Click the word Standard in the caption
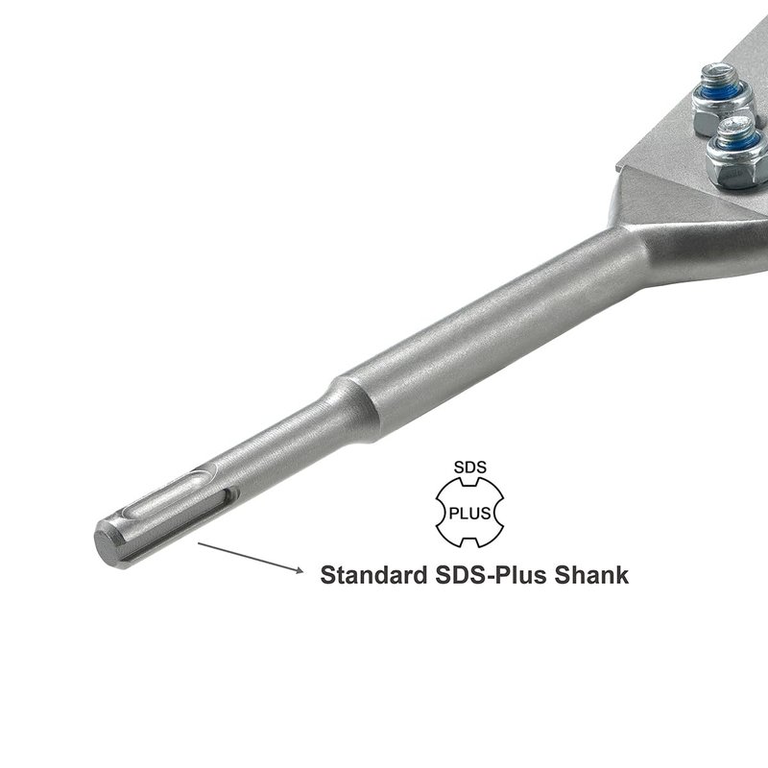tap(373, 574)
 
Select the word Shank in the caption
tap(591, 574)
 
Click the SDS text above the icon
tap(470, 468)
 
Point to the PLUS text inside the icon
tap(469, 514)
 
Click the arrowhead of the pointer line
tap(299, 569)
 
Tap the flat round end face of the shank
tap(109, 545)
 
